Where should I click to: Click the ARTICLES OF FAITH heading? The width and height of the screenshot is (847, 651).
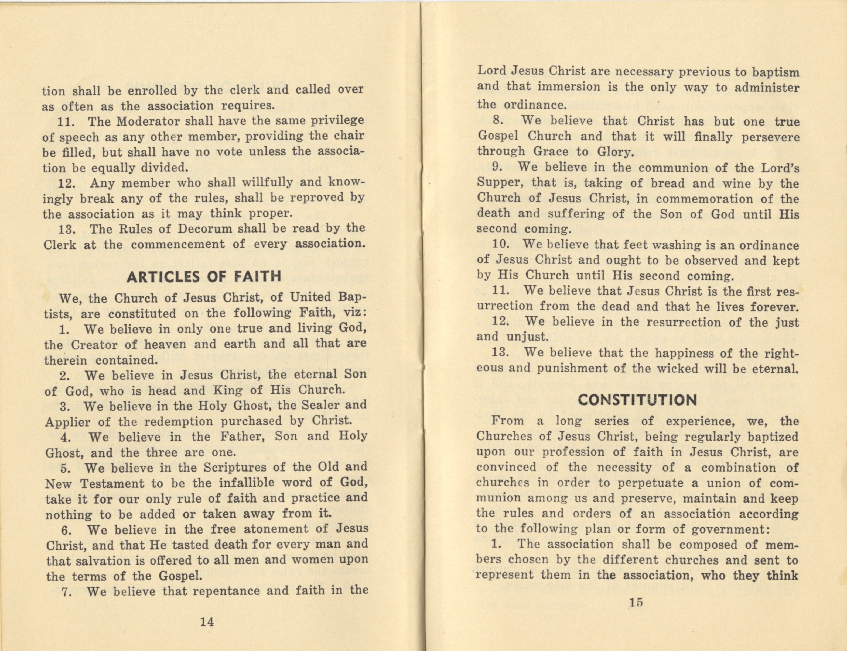pyautogui.click(x=204, y=276)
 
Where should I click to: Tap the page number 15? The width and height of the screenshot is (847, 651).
pyautogui.click(x=637, y=602)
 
